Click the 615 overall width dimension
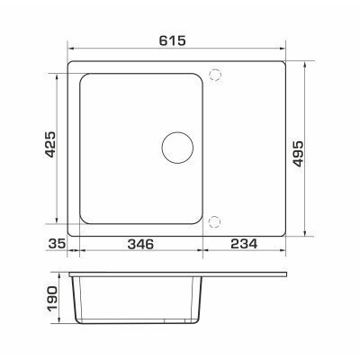tap(172, 40)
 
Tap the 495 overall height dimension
tap(298, 154)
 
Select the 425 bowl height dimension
tap(50, 144)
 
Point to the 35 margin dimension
tap(57, 244)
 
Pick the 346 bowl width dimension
tap(140, 244)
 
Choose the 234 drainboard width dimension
tap(244, 244)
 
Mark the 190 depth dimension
tap(51, 299)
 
